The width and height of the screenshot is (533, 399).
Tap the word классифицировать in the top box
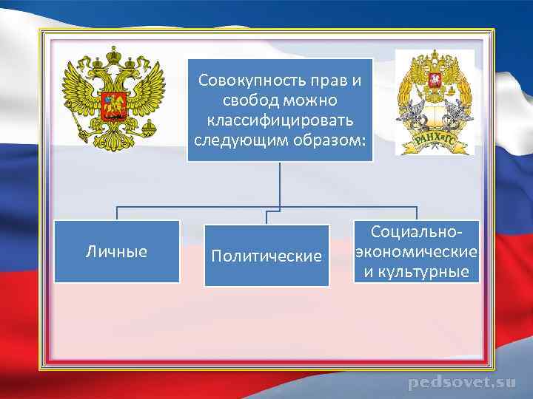click(x=280, y=120)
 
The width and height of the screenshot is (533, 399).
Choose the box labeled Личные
click(x=117, y=252)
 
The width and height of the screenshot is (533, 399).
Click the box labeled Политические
click(x=266, y=256)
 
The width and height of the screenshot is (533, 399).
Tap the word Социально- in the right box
click(x=415, y=232)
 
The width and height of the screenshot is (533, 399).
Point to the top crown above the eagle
click(x=114, y=55)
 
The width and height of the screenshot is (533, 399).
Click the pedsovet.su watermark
click(x=461, y=383)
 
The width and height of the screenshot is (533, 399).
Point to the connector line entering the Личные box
click(x=116, y=214)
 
